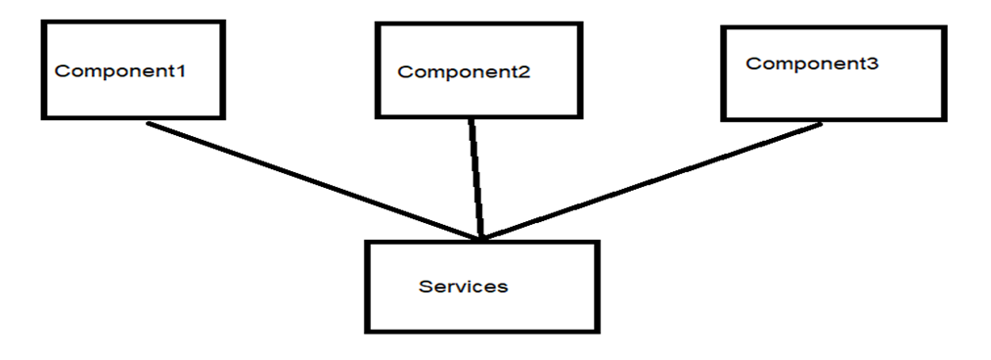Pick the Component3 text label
point(812,64)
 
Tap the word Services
point(463,287)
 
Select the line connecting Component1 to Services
point(313,181)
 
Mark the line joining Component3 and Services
point(651,181)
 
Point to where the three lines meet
point(480,237)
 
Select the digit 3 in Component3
point(874,64)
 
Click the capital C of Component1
point(61,71)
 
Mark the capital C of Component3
point(751,64)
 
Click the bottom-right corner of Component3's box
point(945,120)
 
